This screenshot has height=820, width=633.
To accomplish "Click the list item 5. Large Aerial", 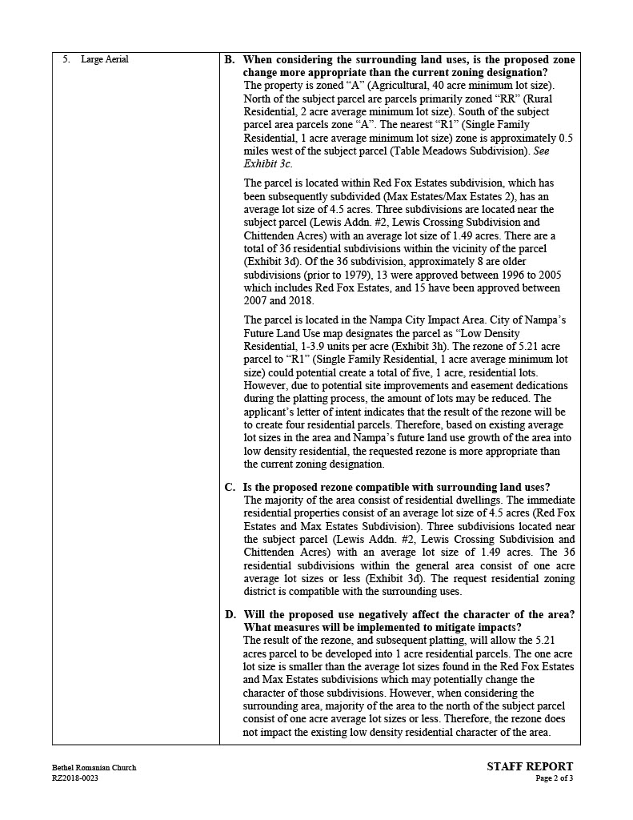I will [96, 59].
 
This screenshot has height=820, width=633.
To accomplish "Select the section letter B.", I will [229, 59].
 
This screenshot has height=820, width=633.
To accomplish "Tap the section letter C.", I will [229, 487].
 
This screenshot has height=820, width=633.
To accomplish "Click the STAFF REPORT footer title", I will [530, 766].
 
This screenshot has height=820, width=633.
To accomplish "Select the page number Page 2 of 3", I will [555, 778].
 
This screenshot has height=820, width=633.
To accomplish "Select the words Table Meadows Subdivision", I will [454, 151].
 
